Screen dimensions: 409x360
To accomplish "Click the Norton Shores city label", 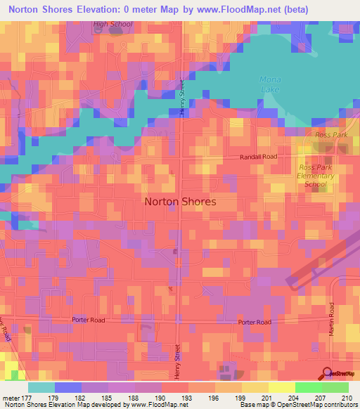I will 180,201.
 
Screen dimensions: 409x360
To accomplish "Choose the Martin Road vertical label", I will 330,320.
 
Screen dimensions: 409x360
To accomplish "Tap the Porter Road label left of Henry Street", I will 88,319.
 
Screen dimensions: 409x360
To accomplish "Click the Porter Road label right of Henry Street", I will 255,322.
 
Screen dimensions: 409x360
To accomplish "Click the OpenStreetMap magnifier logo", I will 328,374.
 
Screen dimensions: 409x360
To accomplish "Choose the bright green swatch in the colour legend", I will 308,387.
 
